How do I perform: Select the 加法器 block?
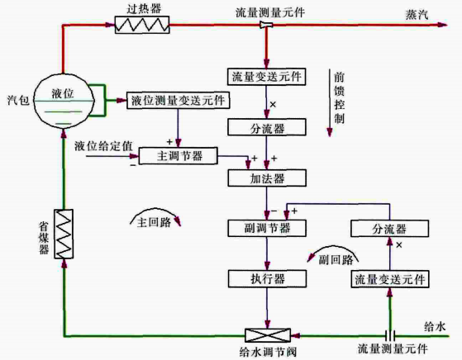[265, 179]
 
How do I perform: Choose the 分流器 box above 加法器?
[265, 130]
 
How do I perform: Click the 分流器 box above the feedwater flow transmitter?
[389, 228]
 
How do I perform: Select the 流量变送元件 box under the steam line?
[265, 78]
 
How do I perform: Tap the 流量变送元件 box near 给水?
[389, 277]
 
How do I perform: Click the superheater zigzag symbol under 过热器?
[141, 26]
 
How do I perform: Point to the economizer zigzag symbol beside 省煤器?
[64, 234]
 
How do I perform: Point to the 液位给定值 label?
[102, 145]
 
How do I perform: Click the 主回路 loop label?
[153, 220]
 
